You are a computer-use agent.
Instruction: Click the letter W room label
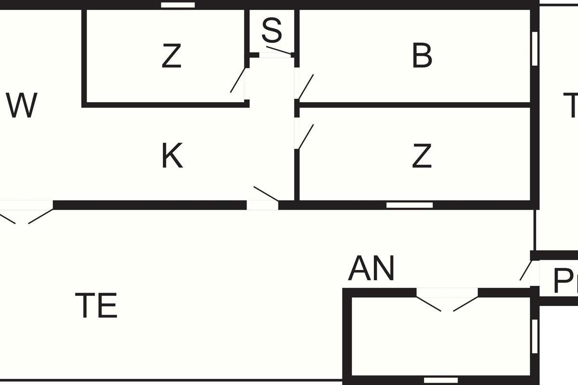click(x=22, y=106)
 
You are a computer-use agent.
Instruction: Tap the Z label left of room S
click(x=171, y=56)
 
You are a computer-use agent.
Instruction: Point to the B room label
click(x=422, y=56)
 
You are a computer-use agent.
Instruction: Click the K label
click(x=172, y=156)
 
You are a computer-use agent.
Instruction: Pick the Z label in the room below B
click(x=422, y=156)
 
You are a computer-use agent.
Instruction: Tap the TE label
click(x=96, y=305)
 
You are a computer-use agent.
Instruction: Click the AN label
click(x=371, y=269)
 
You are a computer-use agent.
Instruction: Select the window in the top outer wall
click(x=178, y=5)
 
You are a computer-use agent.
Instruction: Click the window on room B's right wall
click(x=534, y=48)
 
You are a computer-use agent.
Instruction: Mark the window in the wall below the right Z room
click(x=409, y=205)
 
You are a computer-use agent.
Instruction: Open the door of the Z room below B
click(x=305, y=137)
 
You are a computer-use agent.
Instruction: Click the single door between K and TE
click(x=265, y=194)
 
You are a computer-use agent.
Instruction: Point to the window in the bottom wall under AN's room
click(x=440, y=380)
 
